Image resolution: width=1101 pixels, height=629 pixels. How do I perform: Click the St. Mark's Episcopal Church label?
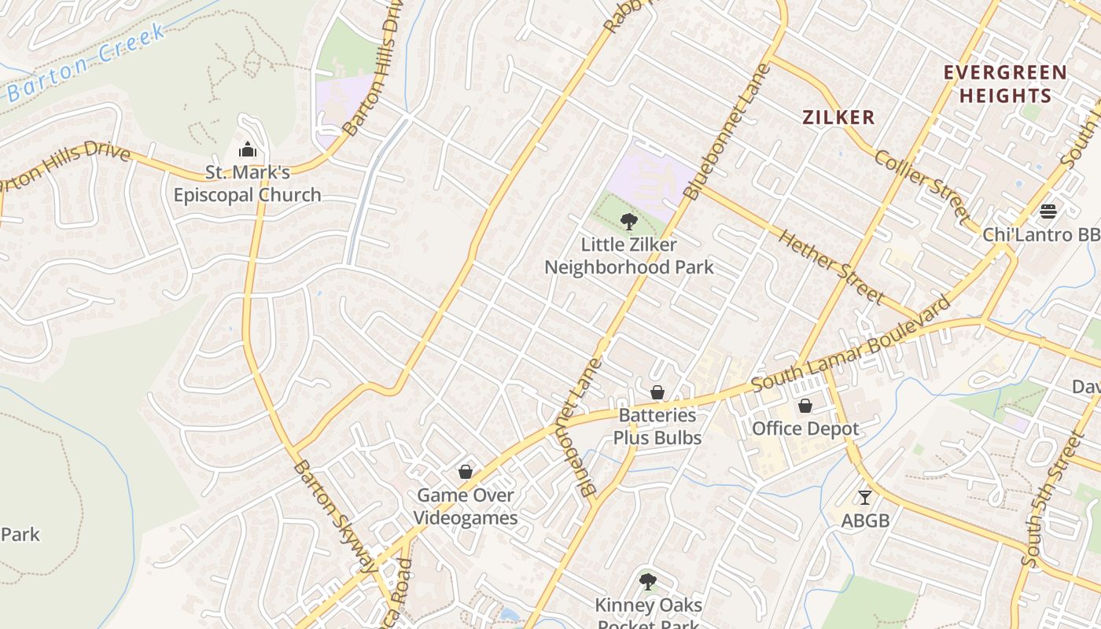pyautogui.click(x=247, y=183)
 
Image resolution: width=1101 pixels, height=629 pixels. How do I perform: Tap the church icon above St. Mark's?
pyautogui.click(x=248, y=149)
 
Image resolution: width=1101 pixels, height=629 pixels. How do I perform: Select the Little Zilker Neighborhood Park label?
pyautogui.click(x=629, y=256)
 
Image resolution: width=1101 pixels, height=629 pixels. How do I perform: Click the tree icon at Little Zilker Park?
pyautogui.click(x=628, y=221)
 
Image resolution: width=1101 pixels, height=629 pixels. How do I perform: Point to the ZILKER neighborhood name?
pyautogui.click(x=838, y=118)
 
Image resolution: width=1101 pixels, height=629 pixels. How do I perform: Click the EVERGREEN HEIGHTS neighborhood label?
pyautogui.click(x=1005, y=84)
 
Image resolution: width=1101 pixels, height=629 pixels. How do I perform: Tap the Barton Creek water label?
pyautogui.click(x=87, y=64)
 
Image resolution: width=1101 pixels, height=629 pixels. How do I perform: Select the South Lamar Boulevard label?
pyautogui.click(x=851, y=344)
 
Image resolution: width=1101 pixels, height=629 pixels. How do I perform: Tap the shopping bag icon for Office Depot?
pyautogui.click(x=805, y=406)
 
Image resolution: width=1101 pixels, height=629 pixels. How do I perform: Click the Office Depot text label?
pyautogui.click(x=805, y=429)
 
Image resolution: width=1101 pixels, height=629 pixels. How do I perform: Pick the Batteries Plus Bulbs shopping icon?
pyautogui.click(x=657, y=392)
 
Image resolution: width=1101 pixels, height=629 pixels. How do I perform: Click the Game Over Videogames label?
pyautogui.click(x=466, y=506)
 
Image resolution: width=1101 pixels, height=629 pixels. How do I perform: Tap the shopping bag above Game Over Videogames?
pyautogui.click(x=466, y=472)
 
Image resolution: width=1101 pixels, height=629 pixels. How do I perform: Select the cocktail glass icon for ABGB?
pyautogui.click(x=865, y=497)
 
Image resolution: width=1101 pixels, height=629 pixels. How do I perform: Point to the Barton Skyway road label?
pyautogui.click(x=335, y=515)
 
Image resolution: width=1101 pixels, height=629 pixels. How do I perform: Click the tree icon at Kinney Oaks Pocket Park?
pyautogui.click(x=647, y=582)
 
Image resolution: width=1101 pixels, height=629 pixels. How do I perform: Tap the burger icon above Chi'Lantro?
pyautogui.click(x=1048, y=211)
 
